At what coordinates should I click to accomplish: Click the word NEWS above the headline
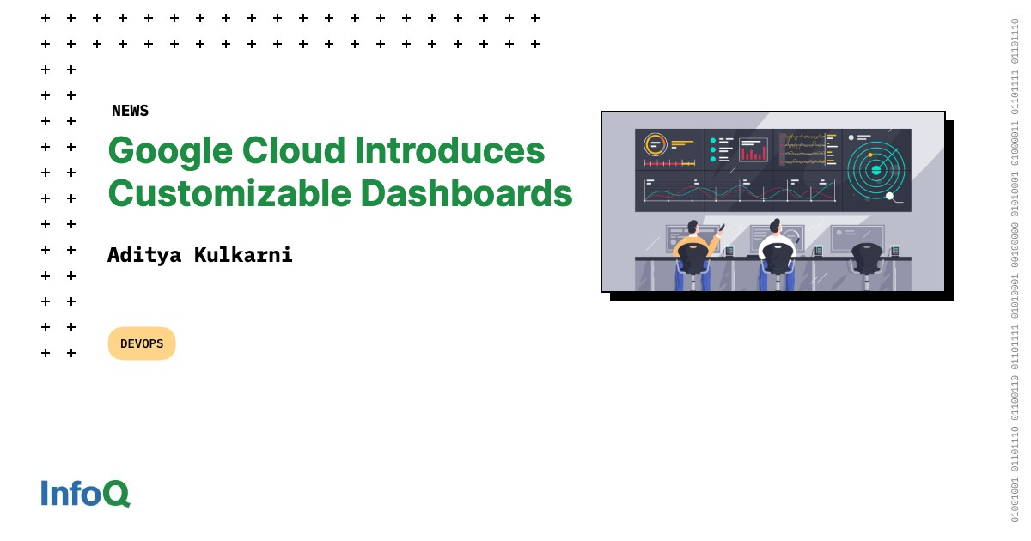point(130,111)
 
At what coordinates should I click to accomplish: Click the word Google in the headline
point(170,150)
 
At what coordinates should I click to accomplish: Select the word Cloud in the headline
point(293,150)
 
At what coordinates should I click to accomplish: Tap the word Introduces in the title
point(449,150)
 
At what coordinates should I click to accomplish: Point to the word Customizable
point(229,193)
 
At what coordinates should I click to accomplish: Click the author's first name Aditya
point(144,255)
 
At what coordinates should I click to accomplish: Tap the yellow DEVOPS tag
point(142,343)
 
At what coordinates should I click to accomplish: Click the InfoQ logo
point(85,493)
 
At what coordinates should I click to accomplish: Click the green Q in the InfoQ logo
point(116,493)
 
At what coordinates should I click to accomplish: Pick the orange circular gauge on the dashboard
point(656,144)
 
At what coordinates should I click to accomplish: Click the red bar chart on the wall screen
point(753,153)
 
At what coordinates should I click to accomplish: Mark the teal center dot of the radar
point(876,170)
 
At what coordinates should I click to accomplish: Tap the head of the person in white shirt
point(775,227)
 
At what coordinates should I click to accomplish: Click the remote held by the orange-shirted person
point(722,228)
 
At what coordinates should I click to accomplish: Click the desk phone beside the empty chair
point(894,252)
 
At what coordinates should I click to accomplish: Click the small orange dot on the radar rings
point(870,155)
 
